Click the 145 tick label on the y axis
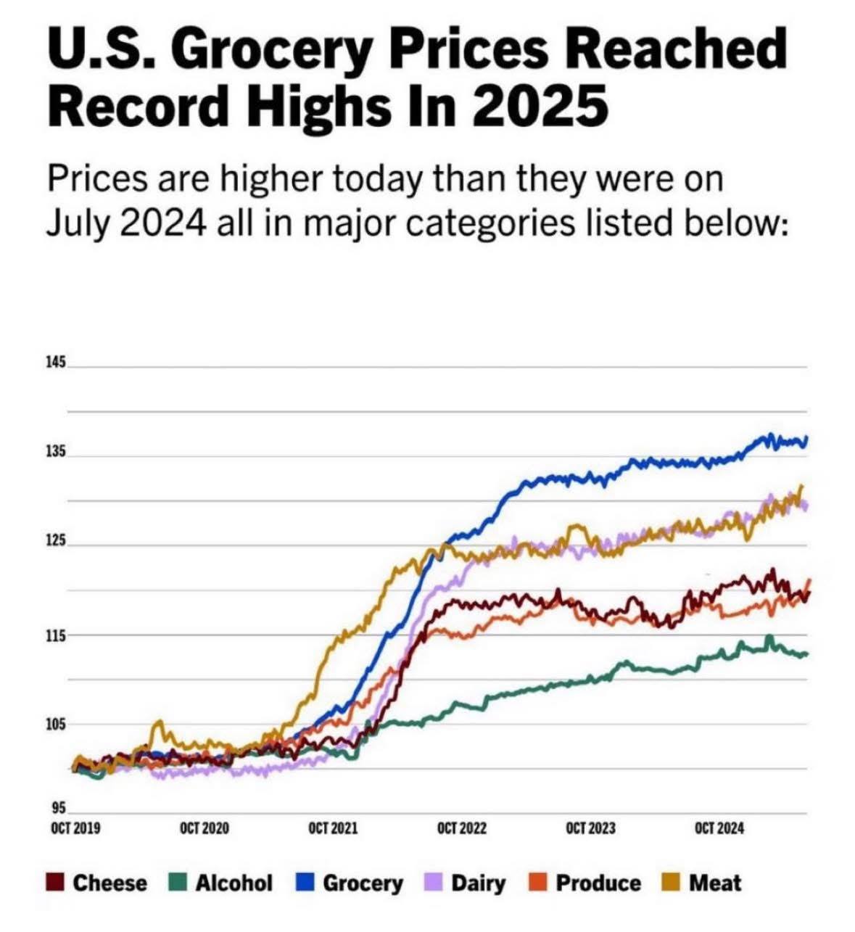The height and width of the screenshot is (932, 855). coord(55,362)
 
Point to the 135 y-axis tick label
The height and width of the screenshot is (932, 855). coord(55,452)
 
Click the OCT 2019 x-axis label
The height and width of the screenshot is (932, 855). coord(75,828)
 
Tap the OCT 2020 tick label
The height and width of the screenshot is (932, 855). coord(205,828)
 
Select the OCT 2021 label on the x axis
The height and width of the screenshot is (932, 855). coord(333,828)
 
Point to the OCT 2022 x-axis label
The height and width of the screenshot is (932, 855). coord(462,828)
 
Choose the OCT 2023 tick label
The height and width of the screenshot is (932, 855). coord(590,828)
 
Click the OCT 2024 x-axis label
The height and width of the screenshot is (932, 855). coord(719,828)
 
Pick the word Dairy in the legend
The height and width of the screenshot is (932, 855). coord(479,883)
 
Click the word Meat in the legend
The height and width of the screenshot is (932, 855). coord(715,883)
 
